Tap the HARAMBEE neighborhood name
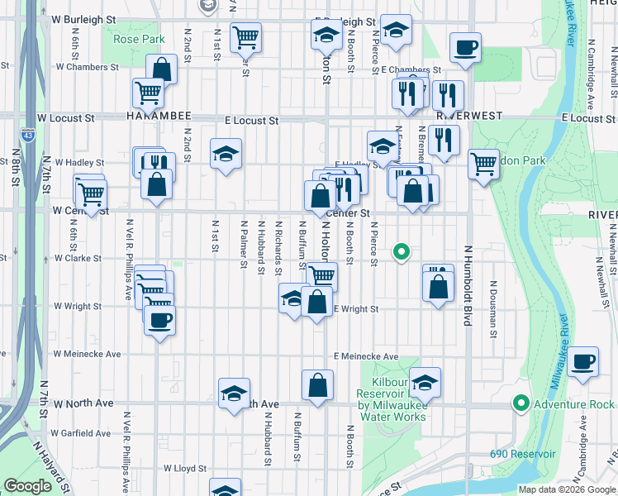pyautogui.click(x=159, y=117)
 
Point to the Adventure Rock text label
pyautogui.click(x=574, y=404)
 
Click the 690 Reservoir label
pyautogui.click(x=522, y=454)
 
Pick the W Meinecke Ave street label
pyautogui.click(x=87, y=354)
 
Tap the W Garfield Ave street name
pyautogui.click(x=80, y=432)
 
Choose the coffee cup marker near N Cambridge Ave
pyautogui.click(x=583, y=361)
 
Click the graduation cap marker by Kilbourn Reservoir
pyautogui.click(x=425, y=382)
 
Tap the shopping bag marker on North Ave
pyautogui.click(x=318, y=384)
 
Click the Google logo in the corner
pyautogui.click(x=27, y=485)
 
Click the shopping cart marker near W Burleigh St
pyautogui.click(x=245, y=37)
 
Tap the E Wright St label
pyautogui.click(x=356, y=309)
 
